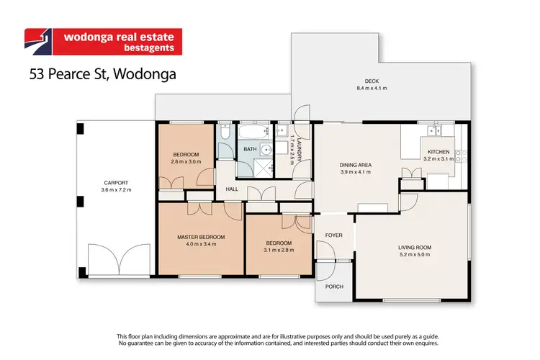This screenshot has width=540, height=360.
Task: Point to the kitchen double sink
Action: [434, 130]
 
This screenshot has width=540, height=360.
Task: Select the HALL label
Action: [232, 189]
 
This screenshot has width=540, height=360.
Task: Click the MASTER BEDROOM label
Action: [201, 237]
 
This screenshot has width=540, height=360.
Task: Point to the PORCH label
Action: [334, 287]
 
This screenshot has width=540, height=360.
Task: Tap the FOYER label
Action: [334, 235]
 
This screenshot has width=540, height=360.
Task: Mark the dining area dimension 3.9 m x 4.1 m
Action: [355, 173]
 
